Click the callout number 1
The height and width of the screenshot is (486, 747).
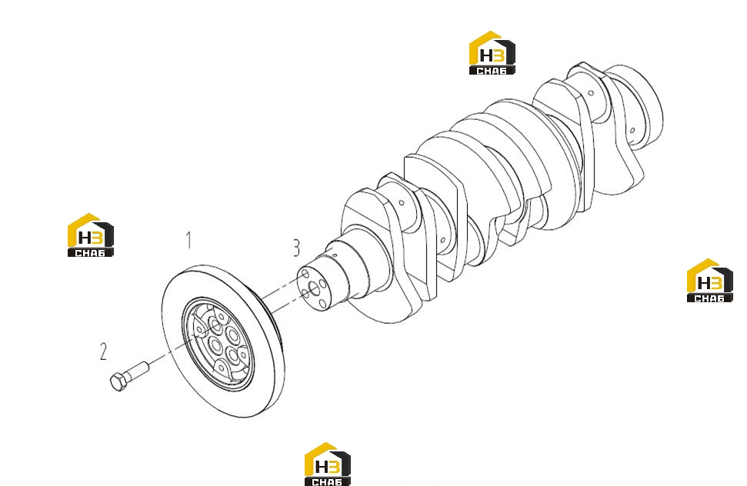pyautogui.click(x=189, y=241)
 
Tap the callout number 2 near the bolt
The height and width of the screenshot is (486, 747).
pyautogui.click(x=103, y=351)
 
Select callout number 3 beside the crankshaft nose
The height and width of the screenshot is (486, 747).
pyautogui.click(x=296, y=248)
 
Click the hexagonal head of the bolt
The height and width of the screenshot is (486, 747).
pyautogui.click(x=118, y=381)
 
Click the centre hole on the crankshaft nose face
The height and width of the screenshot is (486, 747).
pyautogui.click(x=313, y=287)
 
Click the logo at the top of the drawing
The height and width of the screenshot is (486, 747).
pyautogui.click(x=492, y=53)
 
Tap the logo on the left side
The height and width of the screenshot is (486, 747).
pyautogui.click(x=91, y=235)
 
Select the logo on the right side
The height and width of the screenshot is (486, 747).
pyautogui.click(x=709, y=281)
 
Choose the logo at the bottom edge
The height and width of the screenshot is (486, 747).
pyautogui.click(x=327, y=464)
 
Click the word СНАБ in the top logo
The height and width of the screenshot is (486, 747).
pyautogui.click(x=492, y=71)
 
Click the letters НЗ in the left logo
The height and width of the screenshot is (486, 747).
pyautogui.click(x=90, y=237)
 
